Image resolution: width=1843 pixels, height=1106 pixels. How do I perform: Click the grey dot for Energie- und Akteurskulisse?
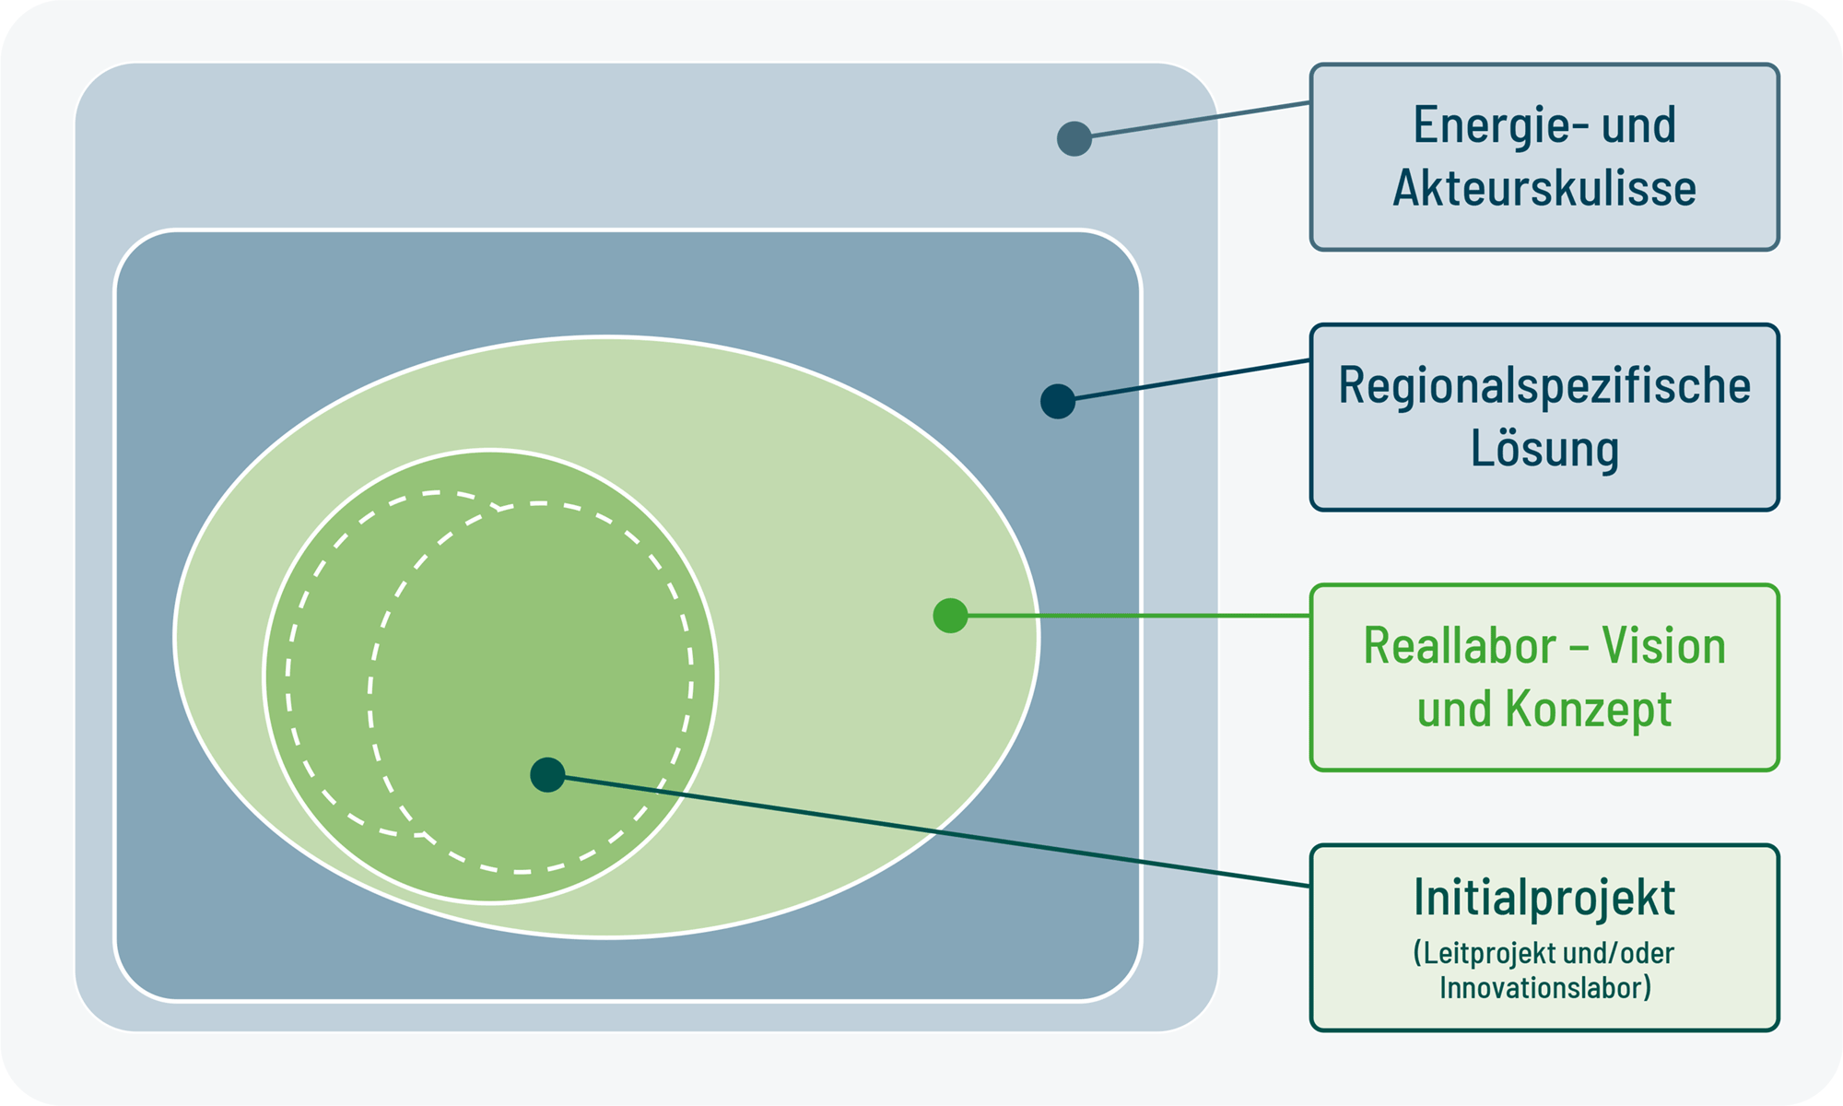coord(1074,138)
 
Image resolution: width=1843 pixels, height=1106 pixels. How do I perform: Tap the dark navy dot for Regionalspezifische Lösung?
coord(1058,401)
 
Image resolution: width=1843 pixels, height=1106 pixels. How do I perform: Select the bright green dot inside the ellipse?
coord(950,616)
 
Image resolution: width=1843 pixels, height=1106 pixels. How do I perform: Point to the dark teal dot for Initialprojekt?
coord(547,775)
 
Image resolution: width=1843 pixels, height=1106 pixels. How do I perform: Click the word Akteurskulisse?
coord(1544,188)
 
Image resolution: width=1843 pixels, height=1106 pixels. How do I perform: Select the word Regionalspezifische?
coord(1544,386)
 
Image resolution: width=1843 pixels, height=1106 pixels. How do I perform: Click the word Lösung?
coord(1544,450)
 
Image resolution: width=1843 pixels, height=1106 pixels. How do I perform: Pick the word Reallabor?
coord(1459,645)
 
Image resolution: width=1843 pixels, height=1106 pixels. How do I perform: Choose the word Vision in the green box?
coord(1663,645)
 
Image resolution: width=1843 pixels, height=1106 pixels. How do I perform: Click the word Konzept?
coord(1589,710)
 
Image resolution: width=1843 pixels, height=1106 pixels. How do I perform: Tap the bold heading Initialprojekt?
coord(1544,899)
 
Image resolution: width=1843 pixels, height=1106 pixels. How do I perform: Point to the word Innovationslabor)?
coord(1545,988)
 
